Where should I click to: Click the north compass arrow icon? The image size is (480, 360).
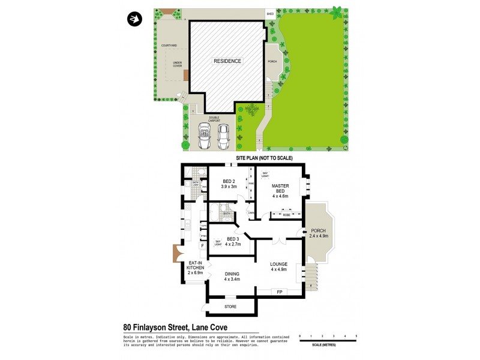(x=134, y=19)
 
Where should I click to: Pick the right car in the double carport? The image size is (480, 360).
(x=224, y=136)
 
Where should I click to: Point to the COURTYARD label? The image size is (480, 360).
(x=169, y=46)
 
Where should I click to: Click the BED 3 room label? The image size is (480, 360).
(x=232, y=241)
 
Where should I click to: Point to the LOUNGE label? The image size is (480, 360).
(x=279, y=266)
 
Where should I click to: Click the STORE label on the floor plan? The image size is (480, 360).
(x=230, y=307)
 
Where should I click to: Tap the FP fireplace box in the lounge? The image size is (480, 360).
(x=280, y=292)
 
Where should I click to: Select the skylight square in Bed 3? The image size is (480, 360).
(x=218, y=243)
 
